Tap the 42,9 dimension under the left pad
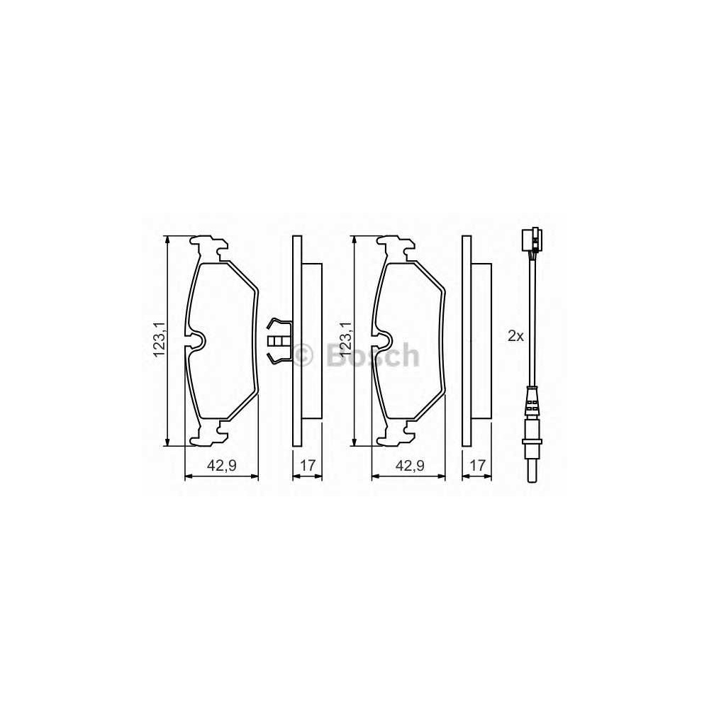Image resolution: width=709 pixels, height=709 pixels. [x=221, y=465]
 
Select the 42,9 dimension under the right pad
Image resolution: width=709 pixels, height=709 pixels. [x=410, y=465]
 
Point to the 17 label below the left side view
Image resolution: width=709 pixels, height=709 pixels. [x=308, y=465]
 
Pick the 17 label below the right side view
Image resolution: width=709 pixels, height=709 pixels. [x=477, y=465]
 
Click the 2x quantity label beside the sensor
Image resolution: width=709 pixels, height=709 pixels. [x=515, y=336]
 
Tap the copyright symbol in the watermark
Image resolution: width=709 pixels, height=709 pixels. [x=303, y=354]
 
